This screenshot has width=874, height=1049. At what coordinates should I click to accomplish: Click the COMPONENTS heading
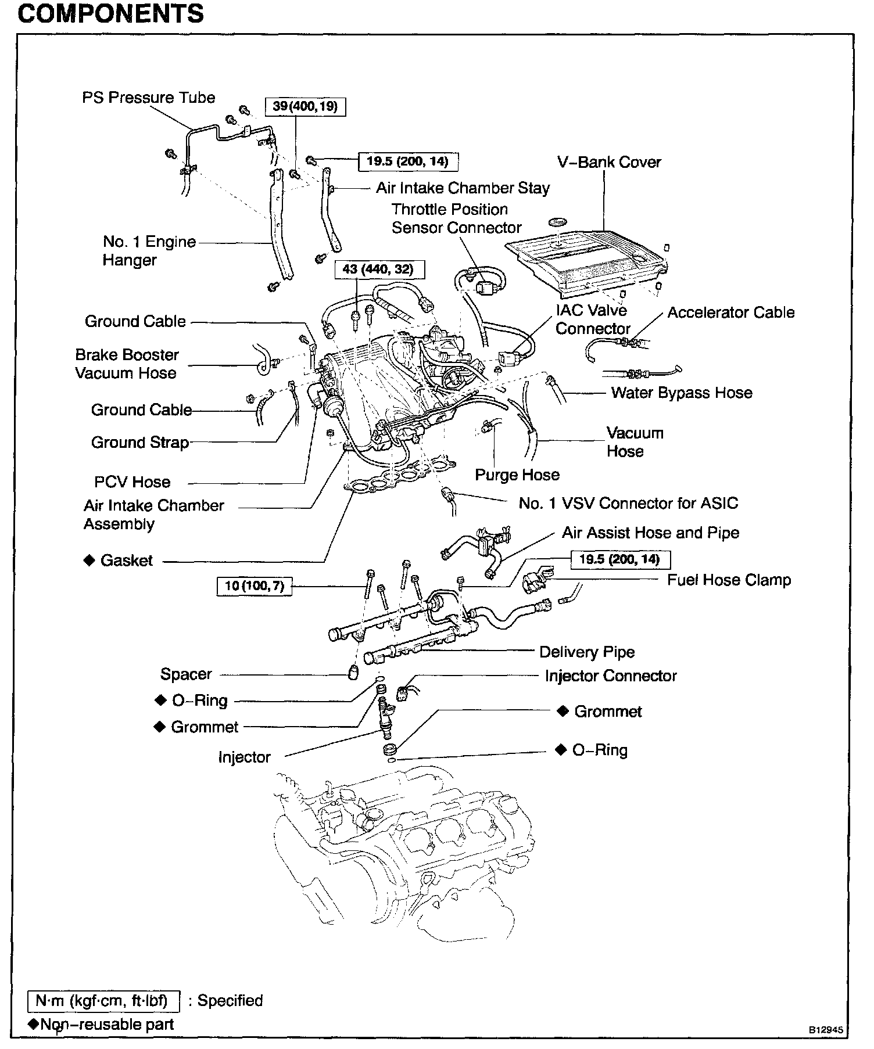(x=110, y=13)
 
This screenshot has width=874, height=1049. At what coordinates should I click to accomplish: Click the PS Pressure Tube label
(x=148, y=98)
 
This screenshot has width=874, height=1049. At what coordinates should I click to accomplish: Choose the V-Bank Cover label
(x=609, y=162)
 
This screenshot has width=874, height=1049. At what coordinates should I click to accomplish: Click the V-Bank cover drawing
(x=587, y=258)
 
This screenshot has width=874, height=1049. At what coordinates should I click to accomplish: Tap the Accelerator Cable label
(x=730, y=312)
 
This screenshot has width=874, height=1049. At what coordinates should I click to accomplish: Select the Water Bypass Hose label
(x=681, y=393)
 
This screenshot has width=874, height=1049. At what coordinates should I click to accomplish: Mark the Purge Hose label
(x=517, y=475)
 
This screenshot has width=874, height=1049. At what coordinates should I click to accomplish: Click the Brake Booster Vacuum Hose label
(x=127, y=364)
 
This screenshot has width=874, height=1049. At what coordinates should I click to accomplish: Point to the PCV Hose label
(x=132, y=482)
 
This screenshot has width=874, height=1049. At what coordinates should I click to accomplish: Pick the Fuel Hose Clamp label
(x=729, y=580)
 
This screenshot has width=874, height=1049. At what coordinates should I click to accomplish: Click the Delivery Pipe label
(x=587, y=652)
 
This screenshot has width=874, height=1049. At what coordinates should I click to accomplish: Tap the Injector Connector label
(x=611, y=676)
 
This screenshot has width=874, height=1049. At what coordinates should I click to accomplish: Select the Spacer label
(x=186, y=674)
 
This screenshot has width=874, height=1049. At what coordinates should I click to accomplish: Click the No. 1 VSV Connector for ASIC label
(x=628, y=503)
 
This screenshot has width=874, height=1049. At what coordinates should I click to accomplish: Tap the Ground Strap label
(x=140, y=443)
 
